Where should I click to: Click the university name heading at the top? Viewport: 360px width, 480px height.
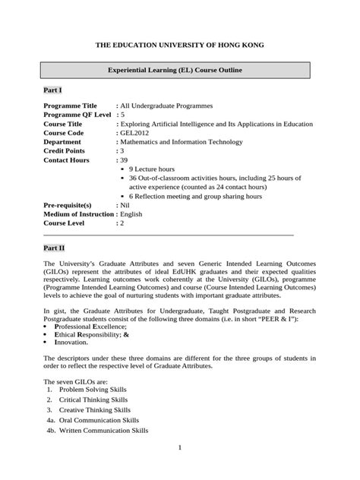179,46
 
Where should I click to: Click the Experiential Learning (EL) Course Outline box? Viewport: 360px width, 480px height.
175,71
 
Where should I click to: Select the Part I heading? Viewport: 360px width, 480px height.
52,90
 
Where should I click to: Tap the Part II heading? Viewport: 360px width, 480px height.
54,248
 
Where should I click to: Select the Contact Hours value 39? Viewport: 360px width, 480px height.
124,160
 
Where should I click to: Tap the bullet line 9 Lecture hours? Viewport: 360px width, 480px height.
152,169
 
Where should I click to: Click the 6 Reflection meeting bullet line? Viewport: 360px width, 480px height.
195,196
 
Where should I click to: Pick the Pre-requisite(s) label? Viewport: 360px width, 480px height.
68,205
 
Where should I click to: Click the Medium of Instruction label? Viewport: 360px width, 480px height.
81,214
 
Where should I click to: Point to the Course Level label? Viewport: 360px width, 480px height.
66,223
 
